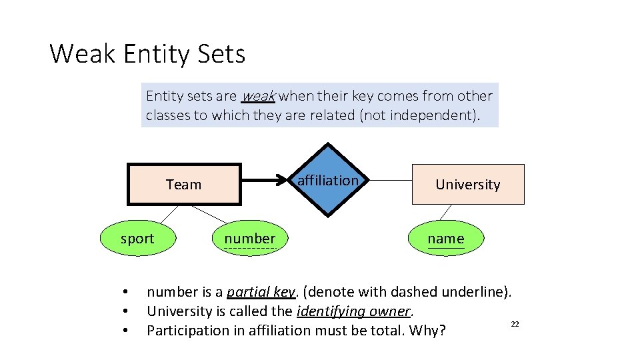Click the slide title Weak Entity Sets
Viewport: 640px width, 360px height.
tap(147, 53)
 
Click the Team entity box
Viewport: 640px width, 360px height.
tap(184, 184)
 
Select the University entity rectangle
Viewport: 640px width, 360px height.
tap(468, 184)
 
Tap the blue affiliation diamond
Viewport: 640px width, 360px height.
tap(327, 180)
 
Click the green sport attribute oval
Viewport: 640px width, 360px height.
tap(137, 239)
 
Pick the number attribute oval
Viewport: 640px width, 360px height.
tap(249, 239)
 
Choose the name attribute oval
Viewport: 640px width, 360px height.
tap(446, 239)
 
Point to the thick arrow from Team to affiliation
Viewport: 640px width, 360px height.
tap(267, 180)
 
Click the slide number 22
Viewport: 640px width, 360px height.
tap(515, 323)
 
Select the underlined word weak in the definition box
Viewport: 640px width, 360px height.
tap(258, 96)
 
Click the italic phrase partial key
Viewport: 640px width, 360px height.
tap(261, 292)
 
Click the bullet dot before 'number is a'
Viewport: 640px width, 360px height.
tap(125, 292)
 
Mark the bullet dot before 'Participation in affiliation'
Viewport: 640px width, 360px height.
tap(125, 331)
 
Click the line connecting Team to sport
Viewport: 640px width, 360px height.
tap(169, 213)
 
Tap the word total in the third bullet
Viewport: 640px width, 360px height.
tap(389, 331)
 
